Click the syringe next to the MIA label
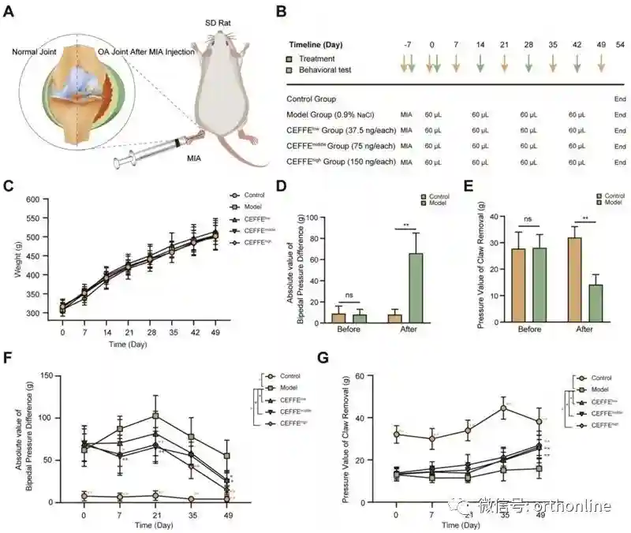click(150, 154)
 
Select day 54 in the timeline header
click(619, 44)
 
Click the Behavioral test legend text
click(330, 70)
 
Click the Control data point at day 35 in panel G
click(504, 408)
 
